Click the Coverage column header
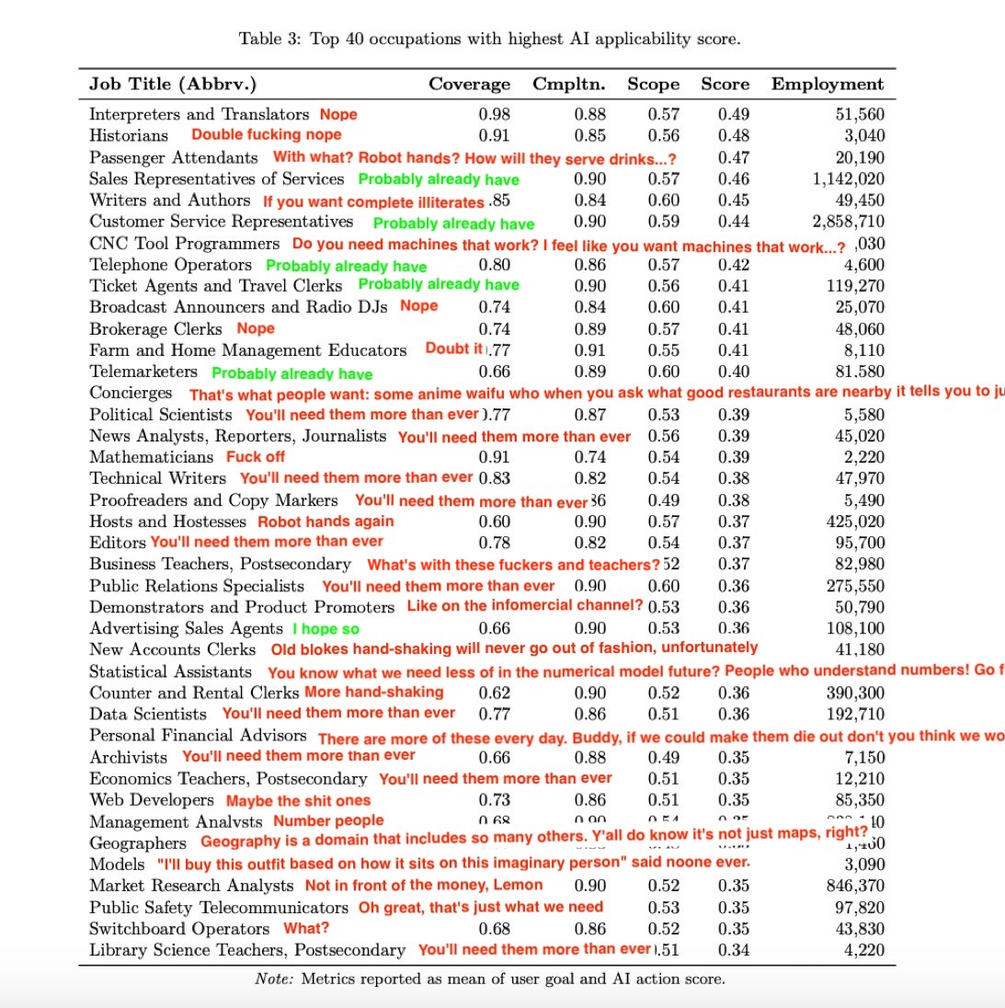(469, 85)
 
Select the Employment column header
(828, 85)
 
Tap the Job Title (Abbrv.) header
(173, 85)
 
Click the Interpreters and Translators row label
(199, 114)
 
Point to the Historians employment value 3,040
(863, 135)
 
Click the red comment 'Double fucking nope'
(266, 135)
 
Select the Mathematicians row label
(151, 457)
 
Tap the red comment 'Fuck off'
(256, 457)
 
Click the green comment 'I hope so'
(325, 629)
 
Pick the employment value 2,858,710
(848, 222)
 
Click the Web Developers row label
(151, 800)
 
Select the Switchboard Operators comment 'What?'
(305, 929)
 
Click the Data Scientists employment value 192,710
(855, 715)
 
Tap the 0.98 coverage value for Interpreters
(494, 114)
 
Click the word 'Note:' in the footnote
(273, 979)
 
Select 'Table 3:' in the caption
(269, 39)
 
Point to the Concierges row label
(131, 393)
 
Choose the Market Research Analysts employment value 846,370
(855, 886)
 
